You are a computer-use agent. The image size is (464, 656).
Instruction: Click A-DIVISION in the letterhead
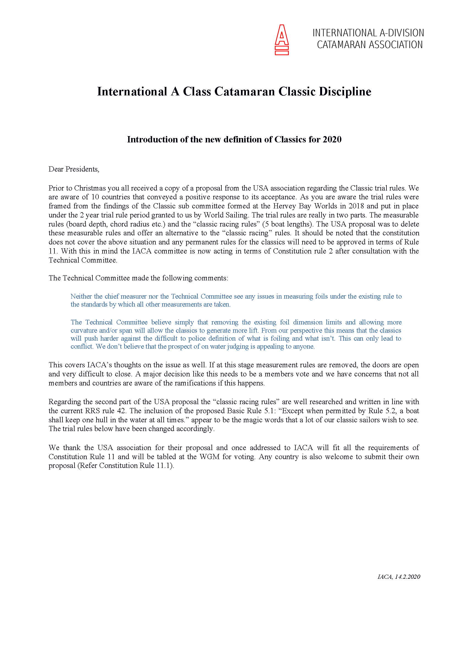pos(402,33)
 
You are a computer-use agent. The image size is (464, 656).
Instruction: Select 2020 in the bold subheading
pos(332,139)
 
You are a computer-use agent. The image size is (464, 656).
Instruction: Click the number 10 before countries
pos(95,197)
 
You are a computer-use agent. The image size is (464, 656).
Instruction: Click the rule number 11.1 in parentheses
pos(163,465)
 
